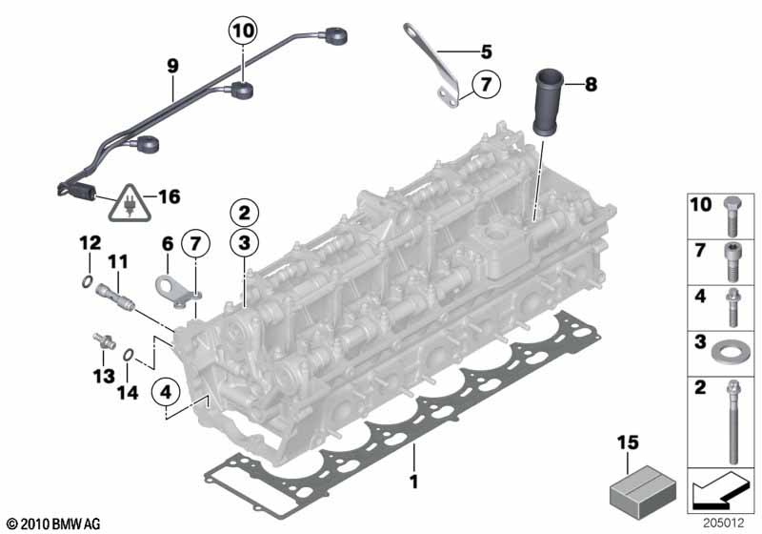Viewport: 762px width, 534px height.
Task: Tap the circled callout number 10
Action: point(243,31)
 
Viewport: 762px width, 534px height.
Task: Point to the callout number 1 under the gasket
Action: point(413,482)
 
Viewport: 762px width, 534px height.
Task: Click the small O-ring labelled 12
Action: point(87,281)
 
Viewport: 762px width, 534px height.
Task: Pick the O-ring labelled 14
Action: point(128,355)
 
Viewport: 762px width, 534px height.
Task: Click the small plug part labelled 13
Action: point(104,341)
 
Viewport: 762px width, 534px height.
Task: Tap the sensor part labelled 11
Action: point(115,296)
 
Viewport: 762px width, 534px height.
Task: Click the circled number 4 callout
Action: point(166,392)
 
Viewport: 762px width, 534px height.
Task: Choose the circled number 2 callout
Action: point(245,213)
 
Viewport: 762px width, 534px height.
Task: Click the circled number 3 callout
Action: point(245,242)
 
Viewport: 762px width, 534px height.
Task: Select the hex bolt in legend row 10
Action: point(732,216)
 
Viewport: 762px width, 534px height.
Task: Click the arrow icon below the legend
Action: point(719,490)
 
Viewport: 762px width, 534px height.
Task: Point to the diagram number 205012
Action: point(724,523)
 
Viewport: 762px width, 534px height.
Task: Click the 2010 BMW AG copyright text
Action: point(54,524)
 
